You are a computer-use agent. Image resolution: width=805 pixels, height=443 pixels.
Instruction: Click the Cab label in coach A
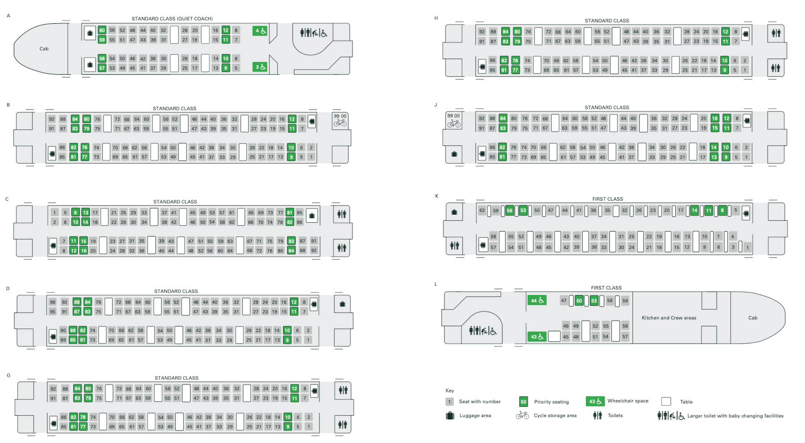[x=44, y=49]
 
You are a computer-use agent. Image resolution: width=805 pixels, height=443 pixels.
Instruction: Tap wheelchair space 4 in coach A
[x=260, y=31]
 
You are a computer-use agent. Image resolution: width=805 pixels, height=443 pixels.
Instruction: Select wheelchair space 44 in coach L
[x=537, y=300]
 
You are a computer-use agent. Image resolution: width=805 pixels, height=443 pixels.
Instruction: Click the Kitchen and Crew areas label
[x=669, y=318]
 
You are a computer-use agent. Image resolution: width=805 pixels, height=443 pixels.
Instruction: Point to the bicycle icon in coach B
[x=340, y=123]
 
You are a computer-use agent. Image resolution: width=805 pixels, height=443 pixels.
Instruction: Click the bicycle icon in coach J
[x=453, y=123]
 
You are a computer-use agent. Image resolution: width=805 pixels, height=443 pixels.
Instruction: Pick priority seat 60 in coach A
[x=102, y=30]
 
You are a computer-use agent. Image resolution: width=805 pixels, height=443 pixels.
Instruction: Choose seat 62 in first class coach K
[x=482, y=210]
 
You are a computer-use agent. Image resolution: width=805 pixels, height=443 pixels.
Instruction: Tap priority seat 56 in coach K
[x=509, y=210]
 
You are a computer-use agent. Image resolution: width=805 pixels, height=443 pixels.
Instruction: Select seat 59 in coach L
[x=625, y=301]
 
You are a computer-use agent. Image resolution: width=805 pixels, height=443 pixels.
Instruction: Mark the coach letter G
[x=8, y=375]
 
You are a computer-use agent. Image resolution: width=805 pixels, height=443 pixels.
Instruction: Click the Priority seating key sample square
[x=523, y=401]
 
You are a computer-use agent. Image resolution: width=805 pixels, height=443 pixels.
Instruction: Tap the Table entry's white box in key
[x=666, y=401]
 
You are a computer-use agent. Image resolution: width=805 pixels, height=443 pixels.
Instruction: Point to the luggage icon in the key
[x=450, y=415]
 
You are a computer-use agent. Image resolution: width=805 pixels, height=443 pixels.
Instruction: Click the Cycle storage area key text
[x=555, y=415]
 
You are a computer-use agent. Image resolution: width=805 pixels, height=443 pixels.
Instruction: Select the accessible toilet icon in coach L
[x=483, y=331]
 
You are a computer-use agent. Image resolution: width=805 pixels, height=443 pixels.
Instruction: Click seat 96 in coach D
[x=53, y=302]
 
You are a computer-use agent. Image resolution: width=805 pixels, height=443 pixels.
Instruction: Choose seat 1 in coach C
[x=54, y=212]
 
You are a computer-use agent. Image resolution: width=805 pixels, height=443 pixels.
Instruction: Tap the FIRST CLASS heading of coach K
[x=607, y=199]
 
